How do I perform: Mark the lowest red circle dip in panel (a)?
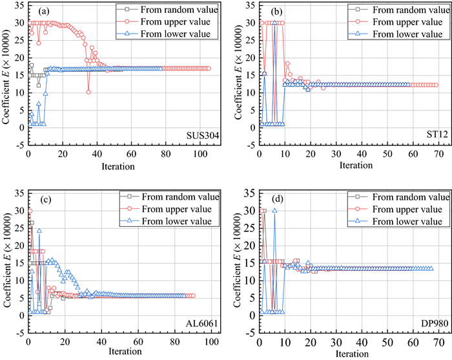[x=88, y=92]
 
